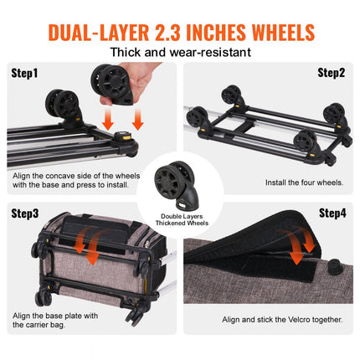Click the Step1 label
point(25,73)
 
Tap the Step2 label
point(332,73)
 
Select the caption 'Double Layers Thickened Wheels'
point(180,219)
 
